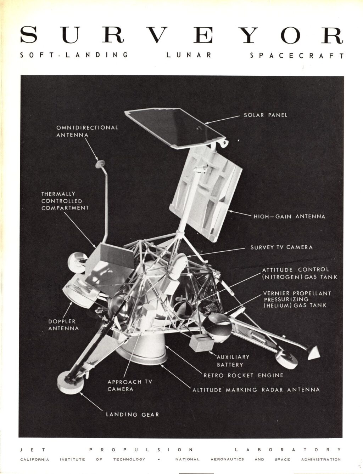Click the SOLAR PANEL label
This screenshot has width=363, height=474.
pyautogui.click(x=266, y=115)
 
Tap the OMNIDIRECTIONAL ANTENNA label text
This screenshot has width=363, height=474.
pyautogui.click(x=87, y=131)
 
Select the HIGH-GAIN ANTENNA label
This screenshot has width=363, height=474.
pyautogui.click(x=289, y=216)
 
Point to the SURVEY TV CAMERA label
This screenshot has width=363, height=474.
pyautogui.click(x=281, y=247)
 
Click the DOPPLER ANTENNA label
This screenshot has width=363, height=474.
pyautogui.click(x=63, y=325)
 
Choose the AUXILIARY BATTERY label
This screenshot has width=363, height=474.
pyautogui.click(x=233, y=361)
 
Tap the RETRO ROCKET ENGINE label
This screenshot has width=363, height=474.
pyautogui.click(x=244, y=375)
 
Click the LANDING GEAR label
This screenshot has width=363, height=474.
pyautogui.click(x=133, y=415)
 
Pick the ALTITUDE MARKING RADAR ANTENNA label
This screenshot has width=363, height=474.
pyautogui.click(x=256, y=390)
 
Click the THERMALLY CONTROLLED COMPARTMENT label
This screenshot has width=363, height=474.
pyautogui.click(x=65, y=201)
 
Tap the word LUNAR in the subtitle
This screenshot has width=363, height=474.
pyautogui.click(x=189, y=55)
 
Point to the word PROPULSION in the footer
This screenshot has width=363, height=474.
pyautogui.click(x=141, y=450)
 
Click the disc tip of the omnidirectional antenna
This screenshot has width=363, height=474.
pyautogui.click(x=100, y=163)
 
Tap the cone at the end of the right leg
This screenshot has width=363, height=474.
pyautogui.click(x=313, y=353)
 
